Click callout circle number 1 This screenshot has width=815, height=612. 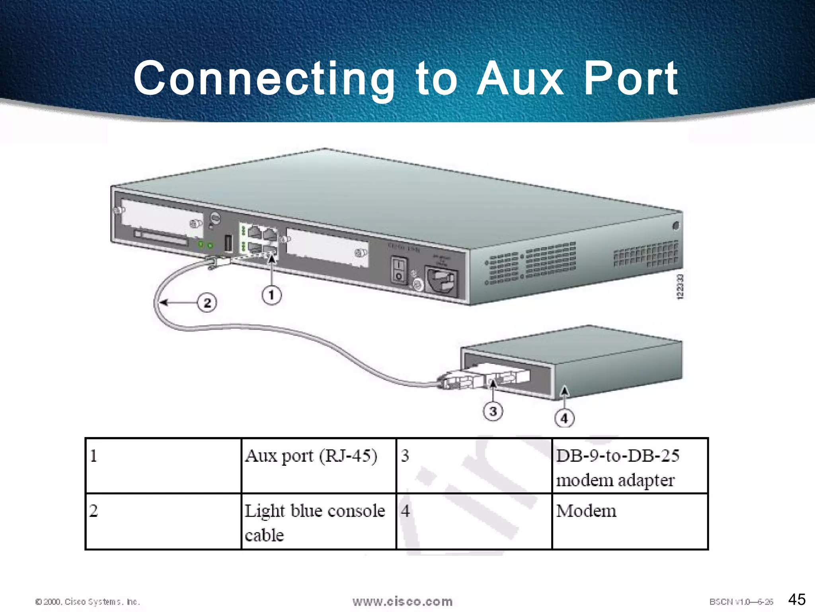(x=271, y=295)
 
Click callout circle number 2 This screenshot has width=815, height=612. (x=207, y=303)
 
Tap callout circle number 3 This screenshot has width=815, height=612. (x=493, y=411)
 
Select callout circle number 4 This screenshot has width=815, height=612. (x=564, y=418)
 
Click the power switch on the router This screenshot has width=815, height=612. (x=399, y=270)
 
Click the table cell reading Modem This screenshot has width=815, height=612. (x=630, y=521)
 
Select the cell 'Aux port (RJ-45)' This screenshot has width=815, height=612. (x=318, y=465)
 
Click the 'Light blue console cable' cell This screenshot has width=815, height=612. (x=318, y=521)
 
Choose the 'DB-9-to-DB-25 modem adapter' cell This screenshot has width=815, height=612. (x=630, y=465)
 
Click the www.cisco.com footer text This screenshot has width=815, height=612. (x=402, y=601)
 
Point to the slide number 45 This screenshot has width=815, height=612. (x=797, y=599)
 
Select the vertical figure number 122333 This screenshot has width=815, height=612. (x=680, y=286)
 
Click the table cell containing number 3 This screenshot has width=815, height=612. (x=474, y=465)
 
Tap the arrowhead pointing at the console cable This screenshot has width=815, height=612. (x=163, y=302)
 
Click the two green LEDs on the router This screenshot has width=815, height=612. (x=205, y=245)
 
